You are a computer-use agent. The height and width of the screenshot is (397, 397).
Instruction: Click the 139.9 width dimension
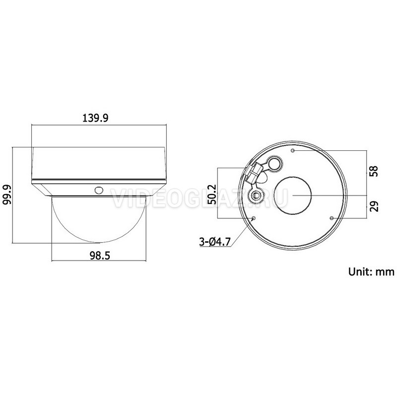pos(95,118)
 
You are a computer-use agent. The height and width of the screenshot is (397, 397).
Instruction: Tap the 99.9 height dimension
pos(7,195)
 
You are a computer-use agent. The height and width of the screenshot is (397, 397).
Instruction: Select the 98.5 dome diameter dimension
pos(100,256)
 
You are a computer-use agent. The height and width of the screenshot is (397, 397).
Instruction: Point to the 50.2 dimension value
pos(212,195)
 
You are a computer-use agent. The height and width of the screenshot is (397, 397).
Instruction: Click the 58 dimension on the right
pos(374,171)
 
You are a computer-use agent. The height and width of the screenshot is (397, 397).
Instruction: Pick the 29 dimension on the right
pos(374,206)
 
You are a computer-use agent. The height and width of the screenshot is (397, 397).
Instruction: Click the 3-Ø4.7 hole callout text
pos(215,242)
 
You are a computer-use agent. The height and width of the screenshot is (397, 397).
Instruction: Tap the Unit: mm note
pos(371,271)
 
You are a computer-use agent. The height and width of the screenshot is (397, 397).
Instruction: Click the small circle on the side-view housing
pos(99,190)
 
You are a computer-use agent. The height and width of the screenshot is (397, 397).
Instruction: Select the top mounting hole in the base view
pos(293,151)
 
